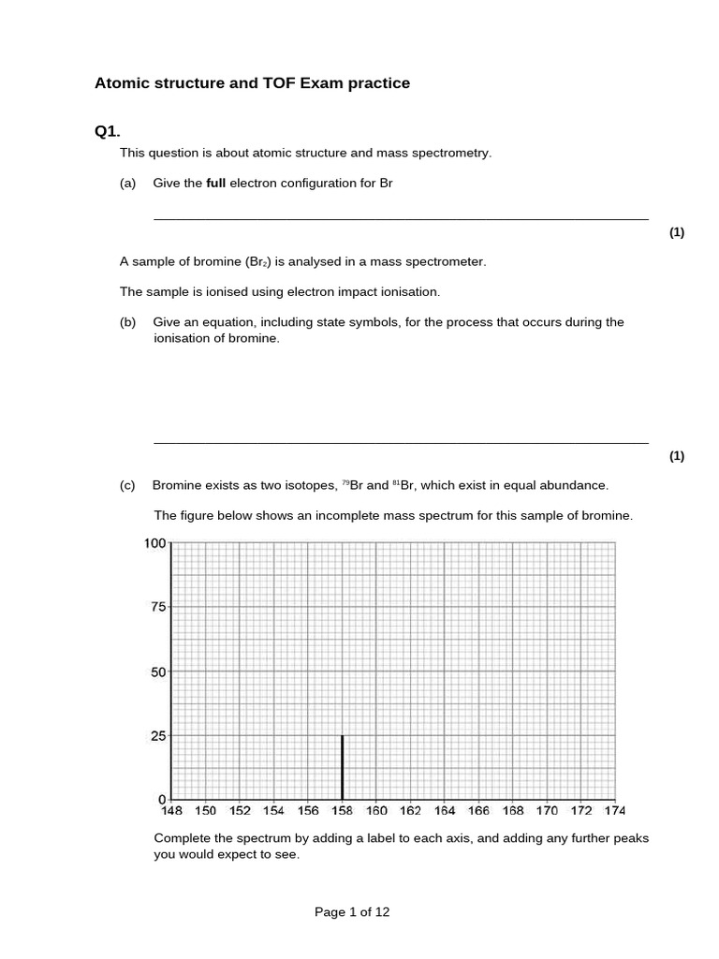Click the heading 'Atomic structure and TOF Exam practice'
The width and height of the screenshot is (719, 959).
coord(252,83)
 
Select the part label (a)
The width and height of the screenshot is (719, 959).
coord(128,184)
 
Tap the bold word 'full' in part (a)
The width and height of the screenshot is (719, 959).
coord(215,184)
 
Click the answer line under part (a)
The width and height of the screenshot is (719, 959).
coord(400,219)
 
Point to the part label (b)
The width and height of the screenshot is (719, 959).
coord(128,322)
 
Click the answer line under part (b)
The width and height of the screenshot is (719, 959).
coord(400,442)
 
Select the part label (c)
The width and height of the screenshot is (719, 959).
coord(128,485)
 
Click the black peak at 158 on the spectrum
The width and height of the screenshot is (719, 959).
coord(343,767)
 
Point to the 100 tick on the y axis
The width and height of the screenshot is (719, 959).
coord(154,543)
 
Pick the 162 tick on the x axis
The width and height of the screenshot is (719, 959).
coord(410,811)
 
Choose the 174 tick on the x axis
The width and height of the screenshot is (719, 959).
coord(614,811)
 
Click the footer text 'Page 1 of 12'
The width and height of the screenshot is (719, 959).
coord(352,912)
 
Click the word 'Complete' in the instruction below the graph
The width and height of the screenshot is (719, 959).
coord(182,838)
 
